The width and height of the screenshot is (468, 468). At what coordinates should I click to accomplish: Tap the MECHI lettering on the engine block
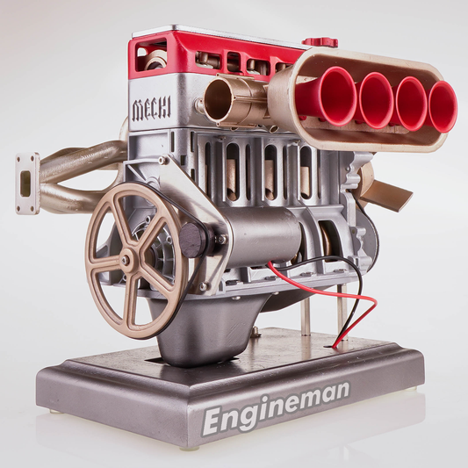(152, 109)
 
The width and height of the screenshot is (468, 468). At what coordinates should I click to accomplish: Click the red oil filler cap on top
(320, 42)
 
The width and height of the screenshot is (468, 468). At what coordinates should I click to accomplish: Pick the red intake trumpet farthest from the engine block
(443, 106)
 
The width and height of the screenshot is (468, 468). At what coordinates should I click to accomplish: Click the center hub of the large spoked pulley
(126, 260)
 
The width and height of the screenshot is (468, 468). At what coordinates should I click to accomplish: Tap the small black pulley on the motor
(193, 241)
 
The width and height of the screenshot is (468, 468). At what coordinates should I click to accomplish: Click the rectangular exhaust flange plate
(27, 184)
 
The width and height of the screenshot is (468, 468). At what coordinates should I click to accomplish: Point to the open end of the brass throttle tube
(217, 100)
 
